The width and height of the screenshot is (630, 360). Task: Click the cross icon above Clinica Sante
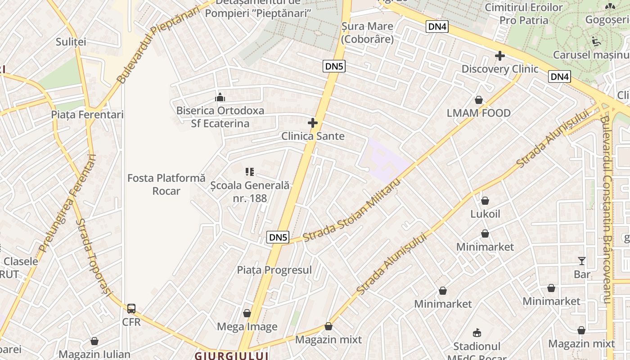[313, 123]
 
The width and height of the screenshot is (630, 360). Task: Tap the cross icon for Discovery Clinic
[499, 56]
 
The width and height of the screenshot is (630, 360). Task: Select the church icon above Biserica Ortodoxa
[220, 97]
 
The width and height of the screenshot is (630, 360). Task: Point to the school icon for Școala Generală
[250, 171]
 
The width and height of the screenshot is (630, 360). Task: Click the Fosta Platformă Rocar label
[166, 184]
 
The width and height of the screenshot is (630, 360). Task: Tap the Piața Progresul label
[274, 270]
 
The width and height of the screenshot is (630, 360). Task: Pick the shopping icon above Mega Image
[247, 313]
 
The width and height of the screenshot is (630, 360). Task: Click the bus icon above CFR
[131, 309]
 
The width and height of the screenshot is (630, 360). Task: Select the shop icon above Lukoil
[485, 201]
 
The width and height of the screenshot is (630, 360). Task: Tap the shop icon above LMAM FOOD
[479, 100]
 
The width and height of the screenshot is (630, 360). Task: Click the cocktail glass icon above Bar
[582, 261]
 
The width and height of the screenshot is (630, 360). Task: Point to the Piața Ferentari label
[87, 115]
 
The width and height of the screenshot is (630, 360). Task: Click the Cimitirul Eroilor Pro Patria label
[524, 14]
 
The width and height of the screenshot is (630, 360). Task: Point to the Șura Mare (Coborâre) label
[367, 33]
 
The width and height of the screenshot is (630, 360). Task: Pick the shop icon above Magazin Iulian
[94, 341]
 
